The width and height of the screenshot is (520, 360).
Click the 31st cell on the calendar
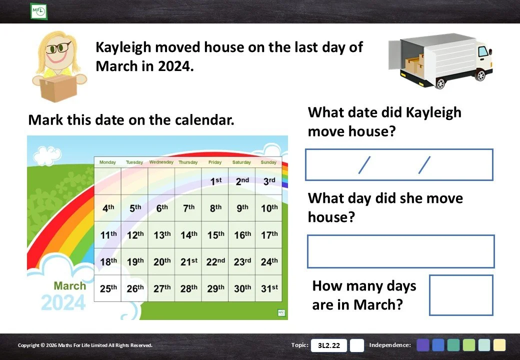click(x=268, y=288)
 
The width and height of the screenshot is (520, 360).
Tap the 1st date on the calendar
click(x=215, y=181)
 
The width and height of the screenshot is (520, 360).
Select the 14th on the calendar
click(x=188, y=234)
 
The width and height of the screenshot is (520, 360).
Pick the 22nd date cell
click(x=215, y=261)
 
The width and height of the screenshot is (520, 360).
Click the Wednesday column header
click(x=161, y=162)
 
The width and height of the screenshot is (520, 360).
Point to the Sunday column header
click(x=268, y=162)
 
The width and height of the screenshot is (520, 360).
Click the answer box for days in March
click(x=461, y=295)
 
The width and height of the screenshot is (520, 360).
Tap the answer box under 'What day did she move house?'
click(x=401, y=251)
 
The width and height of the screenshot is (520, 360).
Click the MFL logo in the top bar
click(x=38, y=11)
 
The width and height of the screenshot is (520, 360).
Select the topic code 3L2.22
click(x=329, y=345)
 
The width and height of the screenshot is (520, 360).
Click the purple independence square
click(x=423, y=345)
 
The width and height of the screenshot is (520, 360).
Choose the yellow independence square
click(x=499, y=345)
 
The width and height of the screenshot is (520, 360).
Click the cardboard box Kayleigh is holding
click(x=58, y=87)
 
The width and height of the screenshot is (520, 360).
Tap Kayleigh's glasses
click(x=58, y=47)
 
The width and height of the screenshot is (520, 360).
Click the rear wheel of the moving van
click(x=440, y=83)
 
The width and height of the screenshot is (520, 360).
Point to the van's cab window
click(x=483, y=51)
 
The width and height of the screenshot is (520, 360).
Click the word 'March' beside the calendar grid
click(x=70, y=285)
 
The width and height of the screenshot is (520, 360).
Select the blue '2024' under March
click(x=63, y=302)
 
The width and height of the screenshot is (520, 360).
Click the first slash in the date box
click(x=364, y=165)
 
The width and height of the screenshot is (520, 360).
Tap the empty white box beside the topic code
click(x=357, y=345)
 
